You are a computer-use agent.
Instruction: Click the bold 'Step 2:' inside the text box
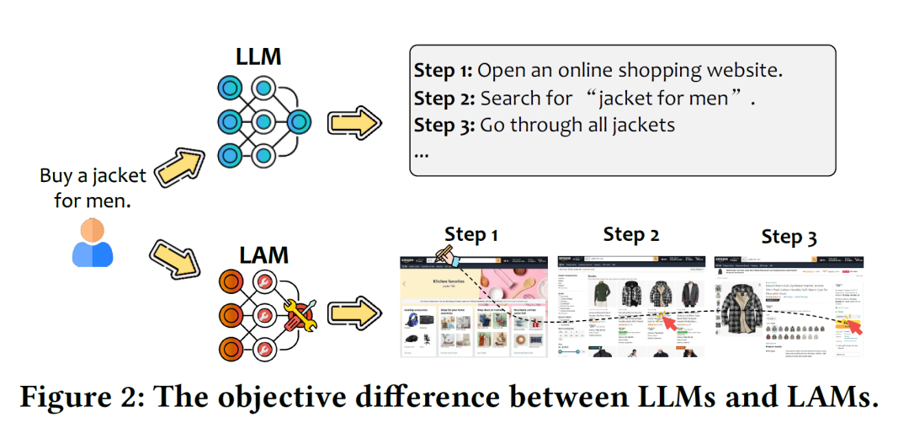pos(444,98)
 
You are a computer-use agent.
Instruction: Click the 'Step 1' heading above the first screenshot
pos(471,234)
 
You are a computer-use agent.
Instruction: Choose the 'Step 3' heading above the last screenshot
pos(789,237)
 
